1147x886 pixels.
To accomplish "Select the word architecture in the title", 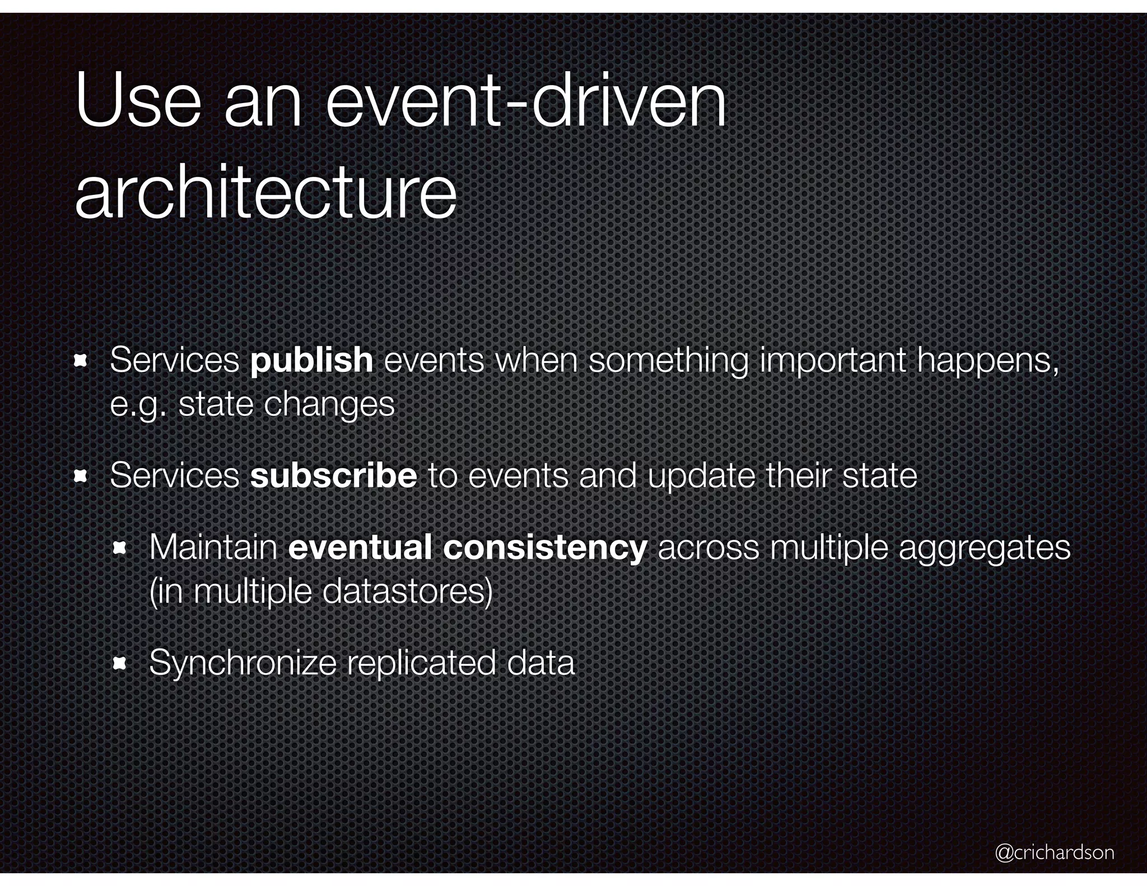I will [x=265, y=194].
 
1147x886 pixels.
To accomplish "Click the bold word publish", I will [x=311, y=360].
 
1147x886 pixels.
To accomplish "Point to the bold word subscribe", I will [x=333, y=475].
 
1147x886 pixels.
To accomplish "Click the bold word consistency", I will [x=545, y=547].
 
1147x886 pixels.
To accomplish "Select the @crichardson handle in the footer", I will [x=1055, y=852].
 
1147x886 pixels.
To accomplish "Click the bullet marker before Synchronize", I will [x=120, y=664].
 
